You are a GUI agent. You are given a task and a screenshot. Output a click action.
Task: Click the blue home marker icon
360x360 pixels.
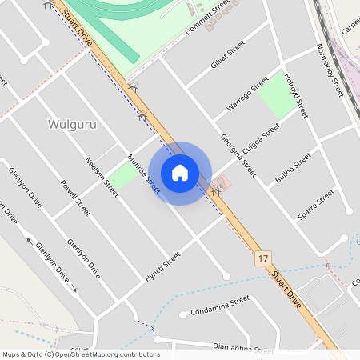coord(180,173)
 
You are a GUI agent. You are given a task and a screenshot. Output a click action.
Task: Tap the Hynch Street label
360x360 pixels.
coord(162,265)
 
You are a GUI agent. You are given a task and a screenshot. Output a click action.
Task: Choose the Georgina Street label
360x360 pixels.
coord(238,154)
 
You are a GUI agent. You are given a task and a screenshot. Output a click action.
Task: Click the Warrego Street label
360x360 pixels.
coord(247,94)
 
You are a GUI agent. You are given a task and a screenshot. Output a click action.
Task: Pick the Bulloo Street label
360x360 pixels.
coord(292,168)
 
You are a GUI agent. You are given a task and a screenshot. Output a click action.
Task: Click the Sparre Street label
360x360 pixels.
coord(314,205)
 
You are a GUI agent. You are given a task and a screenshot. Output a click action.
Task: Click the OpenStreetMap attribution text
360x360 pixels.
coord(81,354)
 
